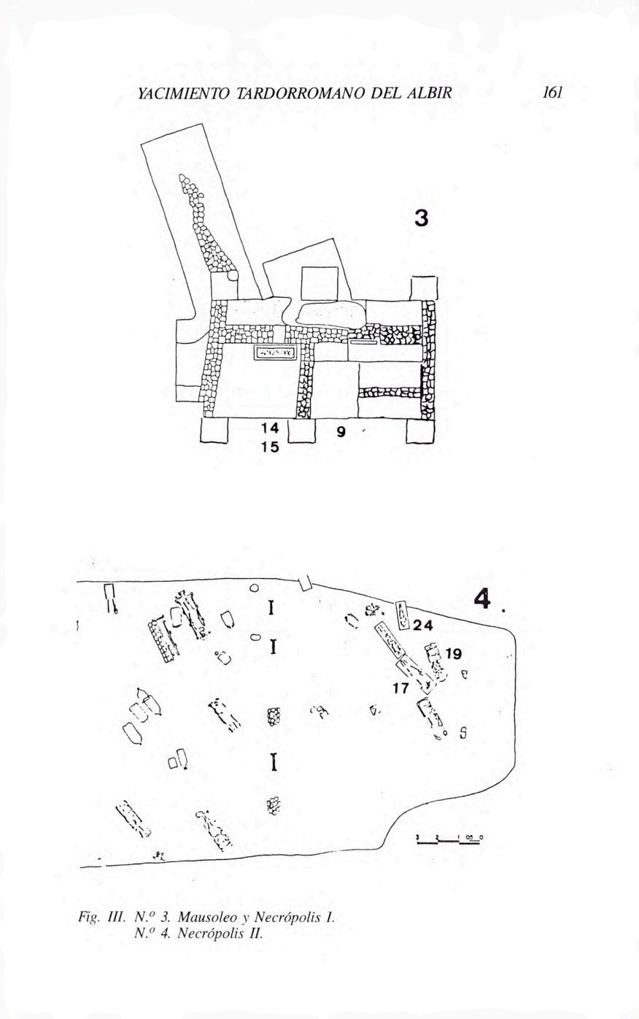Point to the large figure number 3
coord(422,218)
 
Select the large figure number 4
coord(481,600)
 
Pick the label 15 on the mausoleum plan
coord(270,447)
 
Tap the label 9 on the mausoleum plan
coord(341,432)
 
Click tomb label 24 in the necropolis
coord(423,626)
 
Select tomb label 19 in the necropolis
coord(453,654)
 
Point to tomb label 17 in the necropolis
coord(400,688)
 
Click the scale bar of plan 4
coord(449,839)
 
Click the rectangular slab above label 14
coord(275,353)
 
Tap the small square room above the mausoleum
coord(319,283)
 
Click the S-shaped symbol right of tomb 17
coord(462,733)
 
